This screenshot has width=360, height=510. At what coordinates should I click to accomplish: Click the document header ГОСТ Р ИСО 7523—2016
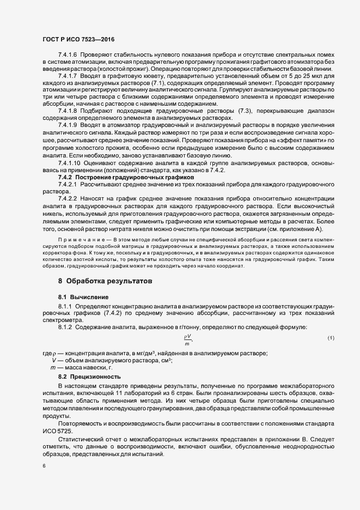click(78, 40)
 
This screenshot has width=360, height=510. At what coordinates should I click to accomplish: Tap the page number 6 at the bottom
click(44, 466)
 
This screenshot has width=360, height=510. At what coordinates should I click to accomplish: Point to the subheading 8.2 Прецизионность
click(90, 377)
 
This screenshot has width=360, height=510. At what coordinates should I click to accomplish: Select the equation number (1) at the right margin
click(331, 338)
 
